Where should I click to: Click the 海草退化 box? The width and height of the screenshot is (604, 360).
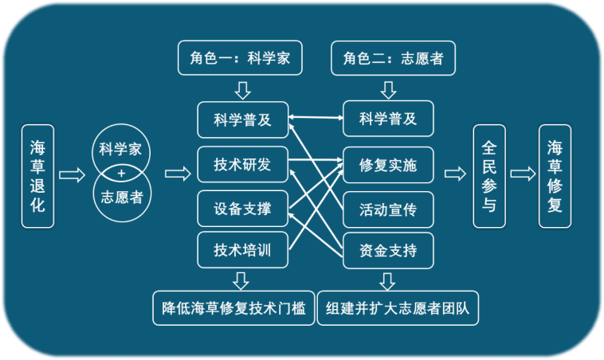click(x=37, y=175)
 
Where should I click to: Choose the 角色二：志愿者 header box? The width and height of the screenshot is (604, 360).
click(x=387, y=59)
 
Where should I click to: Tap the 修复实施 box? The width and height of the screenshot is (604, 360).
click(x=388, y=165)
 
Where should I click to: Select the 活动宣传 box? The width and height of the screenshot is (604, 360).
click(x=388, y=209)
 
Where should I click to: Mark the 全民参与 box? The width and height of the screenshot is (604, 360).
click(x=489, y=175)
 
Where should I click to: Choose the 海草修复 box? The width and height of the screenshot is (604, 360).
click(x=555, y=175)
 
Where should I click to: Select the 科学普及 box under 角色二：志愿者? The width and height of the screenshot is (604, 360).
click(x=388, y=119)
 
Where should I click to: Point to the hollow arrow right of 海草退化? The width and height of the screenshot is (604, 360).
click(x=72, y=174)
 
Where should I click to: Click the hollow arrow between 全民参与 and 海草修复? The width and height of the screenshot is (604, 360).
click(x=522, y=174)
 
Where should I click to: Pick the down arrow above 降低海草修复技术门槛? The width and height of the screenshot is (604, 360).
click(x=239, y=280)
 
